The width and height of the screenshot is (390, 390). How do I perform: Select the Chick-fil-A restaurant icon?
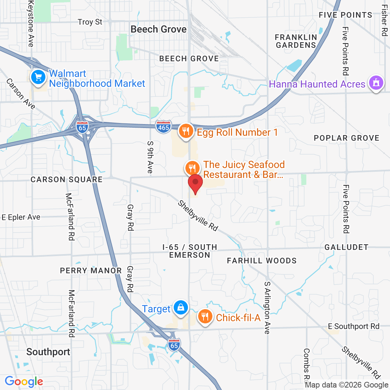tap(205, 316)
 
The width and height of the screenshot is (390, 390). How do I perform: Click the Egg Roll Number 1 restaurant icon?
tap(185, 132)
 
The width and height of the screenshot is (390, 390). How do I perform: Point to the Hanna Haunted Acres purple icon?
tap(376, 83)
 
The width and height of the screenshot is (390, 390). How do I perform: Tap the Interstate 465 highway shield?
tap(163, 127)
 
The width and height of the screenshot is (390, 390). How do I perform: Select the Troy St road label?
tap(90, 22)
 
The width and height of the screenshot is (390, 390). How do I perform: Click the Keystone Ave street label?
tap(31, 23)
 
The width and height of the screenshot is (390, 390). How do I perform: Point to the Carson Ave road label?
tap(21, 94)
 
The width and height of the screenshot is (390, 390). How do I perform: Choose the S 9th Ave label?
tap(150, 157)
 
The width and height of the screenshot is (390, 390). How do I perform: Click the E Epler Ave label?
tap(21, 217)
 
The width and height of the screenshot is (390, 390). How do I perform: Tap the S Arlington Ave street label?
tap(268, 308)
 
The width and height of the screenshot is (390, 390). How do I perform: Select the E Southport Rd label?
tap(353, 326)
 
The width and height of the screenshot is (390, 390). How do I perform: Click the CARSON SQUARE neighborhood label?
tap(67, 179)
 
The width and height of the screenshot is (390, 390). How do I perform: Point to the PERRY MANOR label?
tap(91, 271)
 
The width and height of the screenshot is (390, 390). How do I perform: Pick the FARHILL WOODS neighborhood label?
tap(262, 261)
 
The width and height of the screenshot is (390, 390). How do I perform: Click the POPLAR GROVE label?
tap(346, 138)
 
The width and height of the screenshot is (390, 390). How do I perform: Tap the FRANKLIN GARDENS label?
tap(296, 41)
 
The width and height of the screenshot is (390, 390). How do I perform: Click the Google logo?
tap(24, 381)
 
